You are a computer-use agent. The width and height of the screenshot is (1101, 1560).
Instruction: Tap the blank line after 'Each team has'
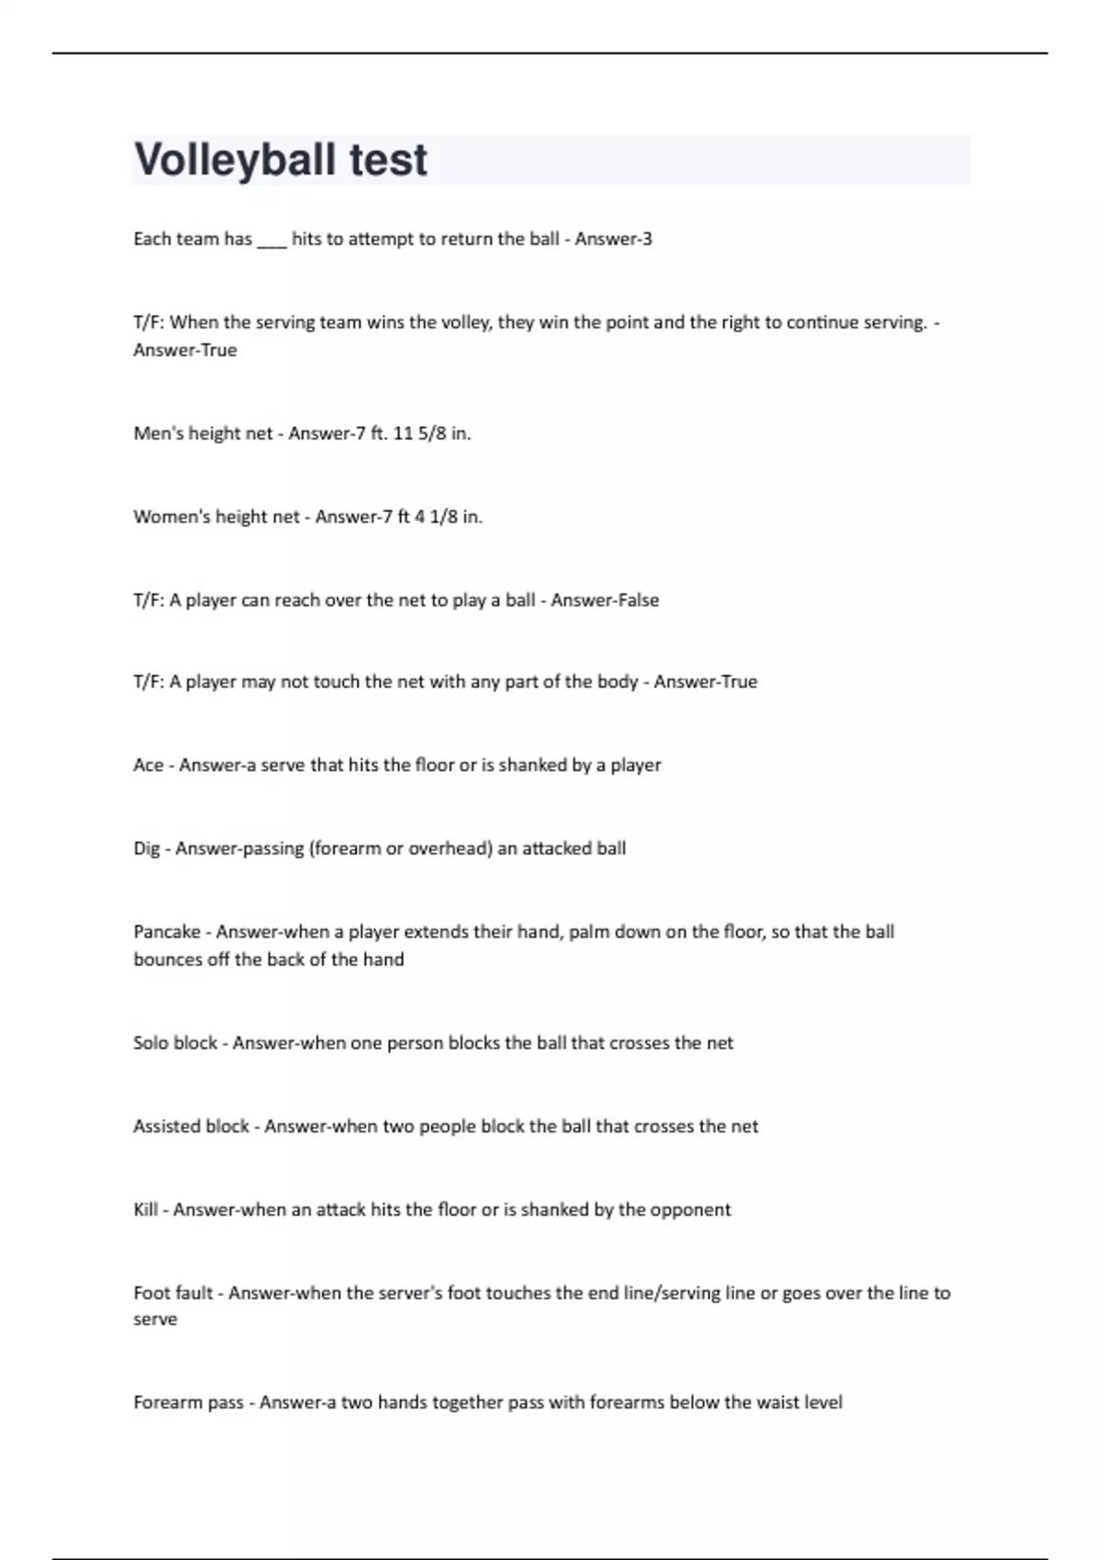tap(272, 240)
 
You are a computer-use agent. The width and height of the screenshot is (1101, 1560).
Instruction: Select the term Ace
tap(148, 765)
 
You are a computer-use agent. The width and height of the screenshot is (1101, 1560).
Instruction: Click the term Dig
tap(146, 849)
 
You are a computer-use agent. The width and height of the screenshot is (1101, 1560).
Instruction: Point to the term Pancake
tap(167, 932)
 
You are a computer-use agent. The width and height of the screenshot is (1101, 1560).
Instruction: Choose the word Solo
tap(150, 1043)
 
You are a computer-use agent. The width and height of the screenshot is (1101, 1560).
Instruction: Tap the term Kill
tap(145, 1210)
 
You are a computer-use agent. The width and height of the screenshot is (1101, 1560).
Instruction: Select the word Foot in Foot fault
tap(150, 1293)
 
